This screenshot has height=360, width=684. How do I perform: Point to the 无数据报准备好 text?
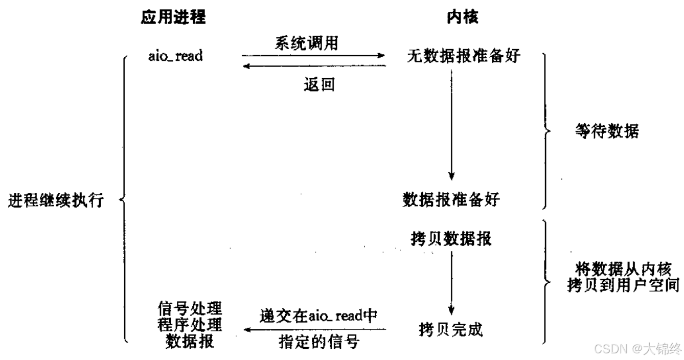(x=463, y=55)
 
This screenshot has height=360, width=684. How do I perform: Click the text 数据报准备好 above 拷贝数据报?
(x=450, y=199)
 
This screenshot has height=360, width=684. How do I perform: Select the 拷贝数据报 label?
(x=451, y=238)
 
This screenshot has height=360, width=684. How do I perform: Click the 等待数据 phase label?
(x=606, y=132)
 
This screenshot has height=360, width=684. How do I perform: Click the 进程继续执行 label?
(x=56, y=200)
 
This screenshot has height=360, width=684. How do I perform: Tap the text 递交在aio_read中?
(x=318, y=315)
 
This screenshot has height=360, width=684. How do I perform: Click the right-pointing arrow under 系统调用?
(x=313, y=55)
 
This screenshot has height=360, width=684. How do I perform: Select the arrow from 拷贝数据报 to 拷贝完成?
(x=451, y=281)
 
